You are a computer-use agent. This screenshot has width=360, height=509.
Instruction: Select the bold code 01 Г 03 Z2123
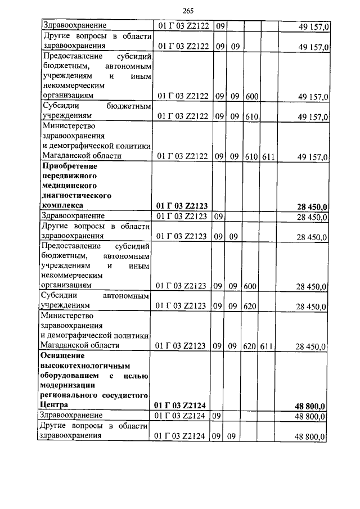point(182,206)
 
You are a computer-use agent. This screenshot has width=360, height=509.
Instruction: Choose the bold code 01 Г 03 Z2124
point(182,405)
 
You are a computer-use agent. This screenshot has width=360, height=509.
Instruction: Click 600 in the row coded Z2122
point(251,96)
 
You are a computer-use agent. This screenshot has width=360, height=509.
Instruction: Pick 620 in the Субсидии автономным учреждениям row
point(251,306)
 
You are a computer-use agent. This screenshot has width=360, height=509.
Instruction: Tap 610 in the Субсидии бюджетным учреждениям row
point(251,116)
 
